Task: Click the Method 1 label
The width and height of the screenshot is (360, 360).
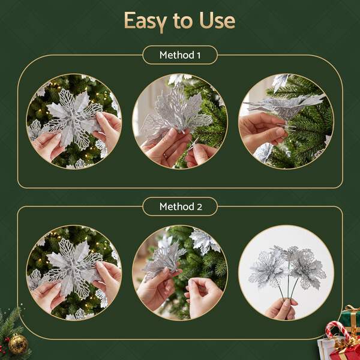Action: pos(180,55)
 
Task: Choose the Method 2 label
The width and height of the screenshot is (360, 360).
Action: pos(181,206)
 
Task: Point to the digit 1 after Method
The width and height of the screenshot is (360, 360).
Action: pos(199,55)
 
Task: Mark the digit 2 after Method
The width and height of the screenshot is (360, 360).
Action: pos(200,207)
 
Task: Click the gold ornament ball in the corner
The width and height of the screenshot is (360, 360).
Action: pos(18,344)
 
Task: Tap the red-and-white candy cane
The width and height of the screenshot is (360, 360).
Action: pos(337,331)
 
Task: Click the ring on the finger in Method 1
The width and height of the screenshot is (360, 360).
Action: pos(166,155)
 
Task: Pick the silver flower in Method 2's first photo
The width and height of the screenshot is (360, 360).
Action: pos(73,269)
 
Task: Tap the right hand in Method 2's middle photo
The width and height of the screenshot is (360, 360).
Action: pos(203,296)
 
